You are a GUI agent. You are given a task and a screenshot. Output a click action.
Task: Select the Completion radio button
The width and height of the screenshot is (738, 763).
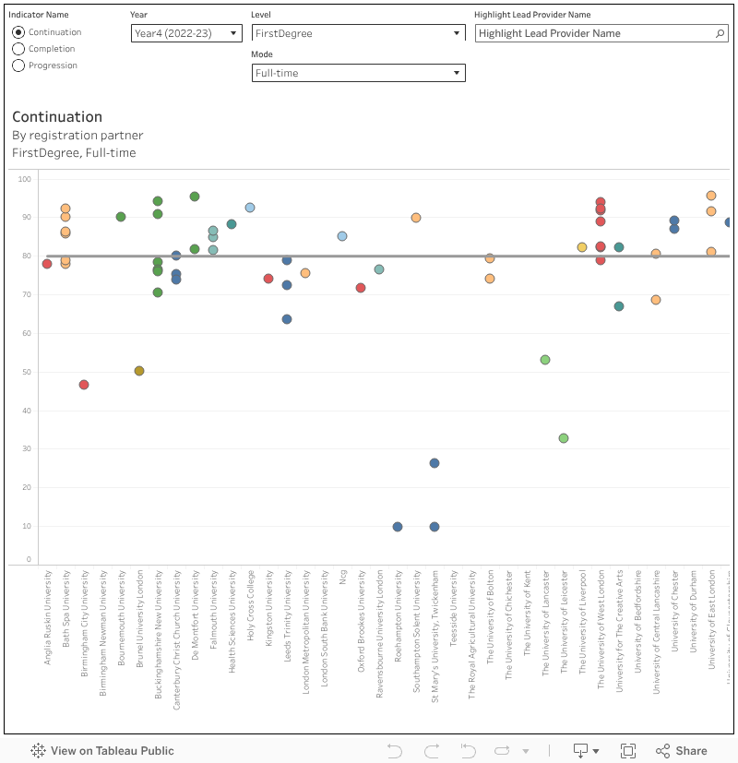pyautogui.click(x=18, y=49)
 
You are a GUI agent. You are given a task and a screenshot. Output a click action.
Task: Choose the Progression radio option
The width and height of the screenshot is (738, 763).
pyautogui.click(x=18, y=66)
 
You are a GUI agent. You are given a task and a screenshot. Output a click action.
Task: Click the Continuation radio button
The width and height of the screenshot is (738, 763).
pyautogui.click(x=18, y=32)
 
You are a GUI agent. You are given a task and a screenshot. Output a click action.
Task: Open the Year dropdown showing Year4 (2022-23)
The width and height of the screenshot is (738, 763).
pyautogui.click(x=186, y=33)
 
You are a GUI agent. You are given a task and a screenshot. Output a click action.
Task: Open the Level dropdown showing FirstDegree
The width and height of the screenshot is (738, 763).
pyautogui.click(x=358, y=33)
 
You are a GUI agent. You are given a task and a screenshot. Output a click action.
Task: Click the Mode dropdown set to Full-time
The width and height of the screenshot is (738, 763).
pyautogui.click(x=358, y=73)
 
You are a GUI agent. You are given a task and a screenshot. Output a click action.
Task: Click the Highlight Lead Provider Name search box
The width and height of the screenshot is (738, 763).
pyautogui.click(x=596, y=33)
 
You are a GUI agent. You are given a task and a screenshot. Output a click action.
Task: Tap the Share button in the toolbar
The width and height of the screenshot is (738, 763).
pyautogui.click(x=681, y=751)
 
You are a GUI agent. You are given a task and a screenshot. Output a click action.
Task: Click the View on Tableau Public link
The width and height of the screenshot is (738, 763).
pyautogui.click(x=102, y=751)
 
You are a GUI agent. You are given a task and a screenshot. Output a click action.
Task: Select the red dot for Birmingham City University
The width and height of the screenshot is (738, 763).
pyautogui.click(x=84, y=385)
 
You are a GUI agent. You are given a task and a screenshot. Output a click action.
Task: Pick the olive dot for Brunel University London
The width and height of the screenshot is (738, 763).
pyautogui.click(x=139, y=371)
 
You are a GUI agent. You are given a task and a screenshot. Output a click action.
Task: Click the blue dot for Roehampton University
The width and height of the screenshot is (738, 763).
pyautogui.click(x=398, y=527)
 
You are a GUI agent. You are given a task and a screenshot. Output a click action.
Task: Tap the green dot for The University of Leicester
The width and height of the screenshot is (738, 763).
pyautogui.click(x=564, y=438)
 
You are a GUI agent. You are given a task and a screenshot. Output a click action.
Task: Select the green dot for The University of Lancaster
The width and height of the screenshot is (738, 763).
pyautogui.click(x=545, y=360)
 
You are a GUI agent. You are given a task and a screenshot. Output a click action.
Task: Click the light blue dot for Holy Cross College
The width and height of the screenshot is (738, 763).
pyautogui.click(x=250, y=208)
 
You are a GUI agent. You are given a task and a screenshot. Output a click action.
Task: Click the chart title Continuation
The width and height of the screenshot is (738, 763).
pyautogui.click(x=57, y=117)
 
